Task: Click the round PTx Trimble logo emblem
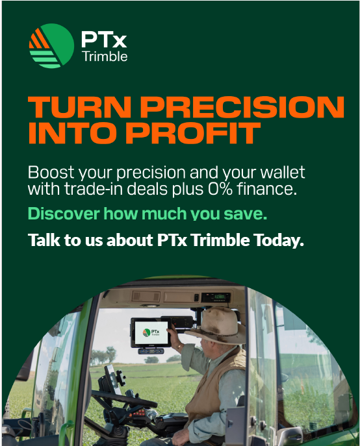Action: pos(51,46)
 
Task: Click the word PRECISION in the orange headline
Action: pos(242,107)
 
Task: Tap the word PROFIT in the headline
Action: pos(193,133)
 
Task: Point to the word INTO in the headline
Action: pos(73,133)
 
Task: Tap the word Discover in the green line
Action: pos(64,214)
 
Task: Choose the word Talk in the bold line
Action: pos(44,240)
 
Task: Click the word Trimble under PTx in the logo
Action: pos(105,56)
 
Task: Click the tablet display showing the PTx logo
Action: pos(151,332)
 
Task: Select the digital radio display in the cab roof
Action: pos(216,297)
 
